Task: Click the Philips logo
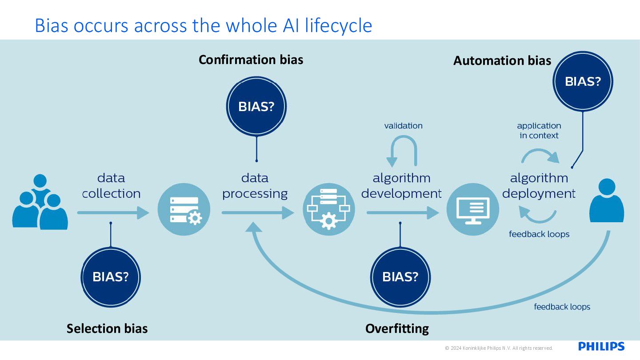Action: coord(601,346)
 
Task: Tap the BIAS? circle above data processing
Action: coord(256,106)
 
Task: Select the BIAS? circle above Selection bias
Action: coord(111,277)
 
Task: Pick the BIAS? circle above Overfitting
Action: coord(400,277)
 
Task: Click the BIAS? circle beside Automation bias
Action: coord(583,81)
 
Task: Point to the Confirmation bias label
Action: coord(251,60)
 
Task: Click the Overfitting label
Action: coord(397,328)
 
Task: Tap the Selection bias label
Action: coord(107,328)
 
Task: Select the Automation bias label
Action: coord(502,60)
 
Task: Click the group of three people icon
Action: coord(40,202)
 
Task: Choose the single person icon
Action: coord(607,200)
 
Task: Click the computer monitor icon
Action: coord(473,209)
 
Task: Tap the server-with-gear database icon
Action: coord(184,209)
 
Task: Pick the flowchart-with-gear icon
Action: coord(328,209)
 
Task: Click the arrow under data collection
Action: coord(113,213)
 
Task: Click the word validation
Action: coord(403,126)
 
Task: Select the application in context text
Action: coord(539,131)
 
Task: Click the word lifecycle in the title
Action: coord(338,26)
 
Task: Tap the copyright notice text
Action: coord(499,348)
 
